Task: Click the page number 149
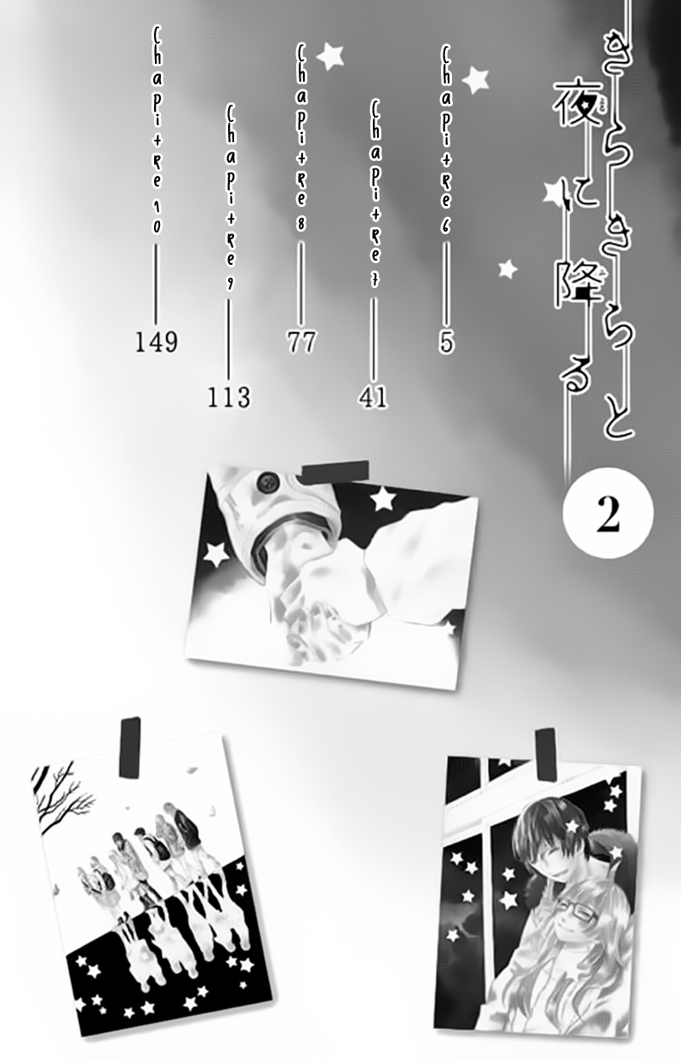[x=157, y=342]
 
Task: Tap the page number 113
[x=229, y=398]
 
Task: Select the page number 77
[x=301, y=342]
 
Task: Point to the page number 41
[x=373, y=397]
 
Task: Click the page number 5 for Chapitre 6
[x=446, y=342]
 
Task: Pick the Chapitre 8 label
[x=301, y=138]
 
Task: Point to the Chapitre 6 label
[x=446, y=139]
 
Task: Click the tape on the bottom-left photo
[x=130, y=748]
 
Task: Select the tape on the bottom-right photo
[x=546, y=754]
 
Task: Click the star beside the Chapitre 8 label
[x=330, y=57]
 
